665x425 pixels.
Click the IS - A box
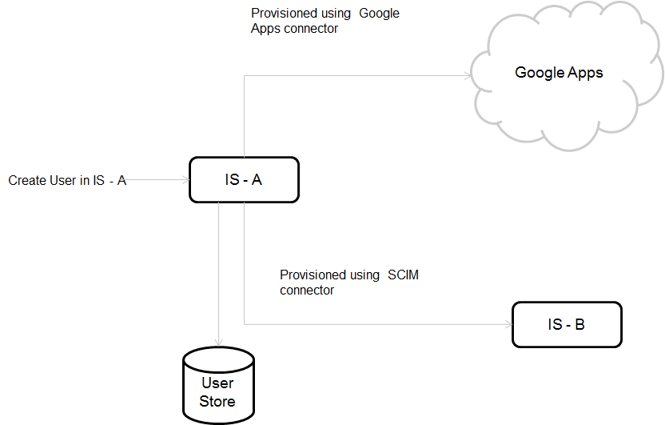[244, 180]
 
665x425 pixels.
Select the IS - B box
[567, 324]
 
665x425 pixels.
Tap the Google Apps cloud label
[559, 73]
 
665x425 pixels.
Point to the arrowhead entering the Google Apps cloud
[468, 76]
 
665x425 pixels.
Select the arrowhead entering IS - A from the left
[185, 180]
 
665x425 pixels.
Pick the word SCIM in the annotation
[403, 275]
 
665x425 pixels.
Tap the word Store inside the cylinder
[217, 400]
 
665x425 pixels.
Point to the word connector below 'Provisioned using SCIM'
[307, 291]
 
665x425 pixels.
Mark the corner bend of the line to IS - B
[244, 324]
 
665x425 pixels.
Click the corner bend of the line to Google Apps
[244, 76]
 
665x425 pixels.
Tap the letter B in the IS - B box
[579, 324]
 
